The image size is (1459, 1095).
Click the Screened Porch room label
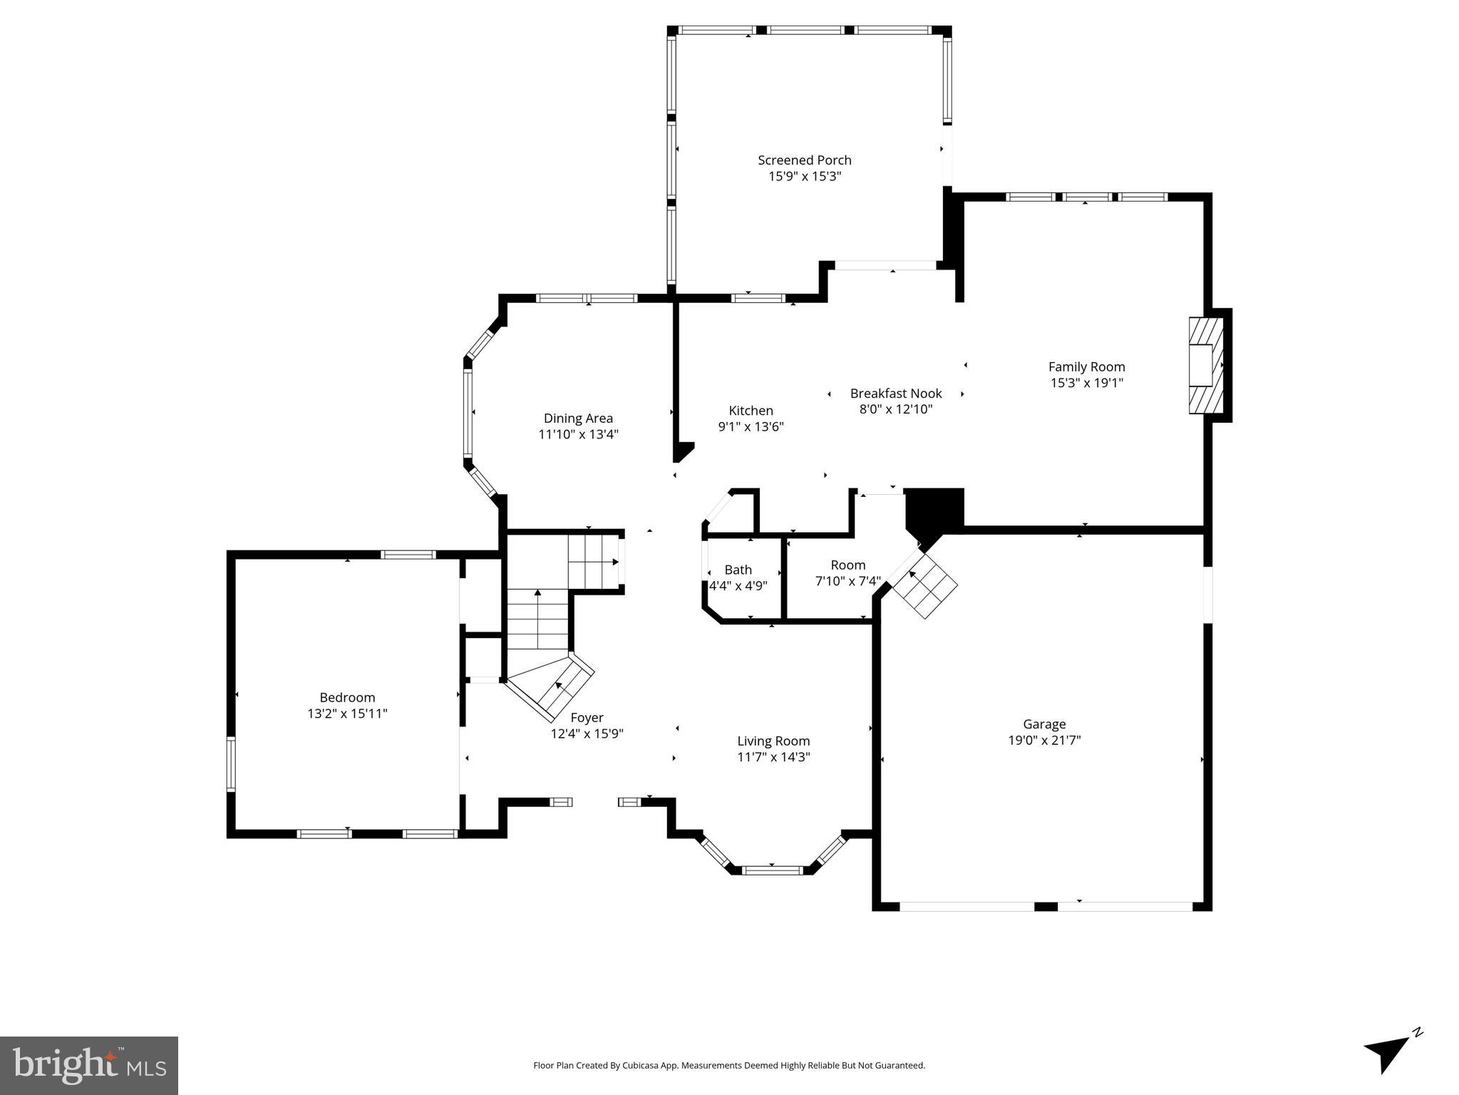(x=804, y=160)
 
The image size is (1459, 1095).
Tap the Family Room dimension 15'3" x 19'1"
(x=1086, y=383)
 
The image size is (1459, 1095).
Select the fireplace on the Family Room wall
(x=1205, y=365)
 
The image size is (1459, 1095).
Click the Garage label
(x=1044, y=724)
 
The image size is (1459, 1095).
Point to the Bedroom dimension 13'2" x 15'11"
(x=347, y=714)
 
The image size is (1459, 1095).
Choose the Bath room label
(x=738, y=570)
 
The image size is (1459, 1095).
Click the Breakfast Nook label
(x=895, y=394)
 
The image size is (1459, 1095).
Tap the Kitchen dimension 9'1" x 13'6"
(x=751, y=427)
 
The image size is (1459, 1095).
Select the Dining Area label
(x=578, y=418)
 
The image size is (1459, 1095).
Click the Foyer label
(x=587, y=718)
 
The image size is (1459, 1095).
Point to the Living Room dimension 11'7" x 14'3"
(x=773, y=757)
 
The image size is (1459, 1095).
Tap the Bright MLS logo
(x=89, y=1066)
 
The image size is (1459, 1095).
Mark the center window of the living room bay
(x=773, y=870)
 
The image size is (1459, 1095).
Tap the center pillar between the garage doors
(x=1046, y=906)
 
